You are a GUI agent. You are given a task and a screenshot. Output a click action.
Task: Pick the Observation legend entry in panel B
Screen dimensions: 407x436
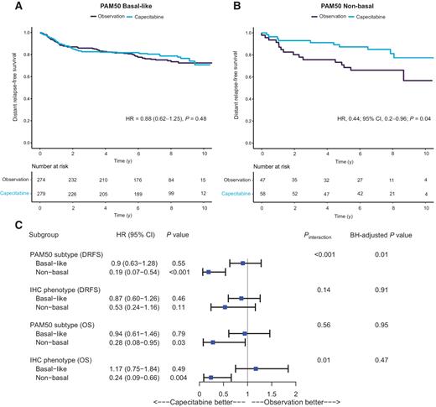click(x=311, y=17)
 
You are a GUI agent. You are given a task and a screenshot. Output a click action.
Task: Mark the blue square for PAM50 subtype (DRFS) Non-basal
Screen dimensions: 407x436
click(x=208, y=272)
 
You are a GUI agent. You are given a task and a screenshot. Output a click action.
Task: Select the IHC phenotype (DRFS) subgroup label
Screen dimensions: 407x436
click(x=61, y=288)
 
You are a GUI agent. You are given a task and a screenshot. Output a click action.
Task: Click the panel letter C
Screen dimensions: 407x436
click(x=8, y=225)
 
